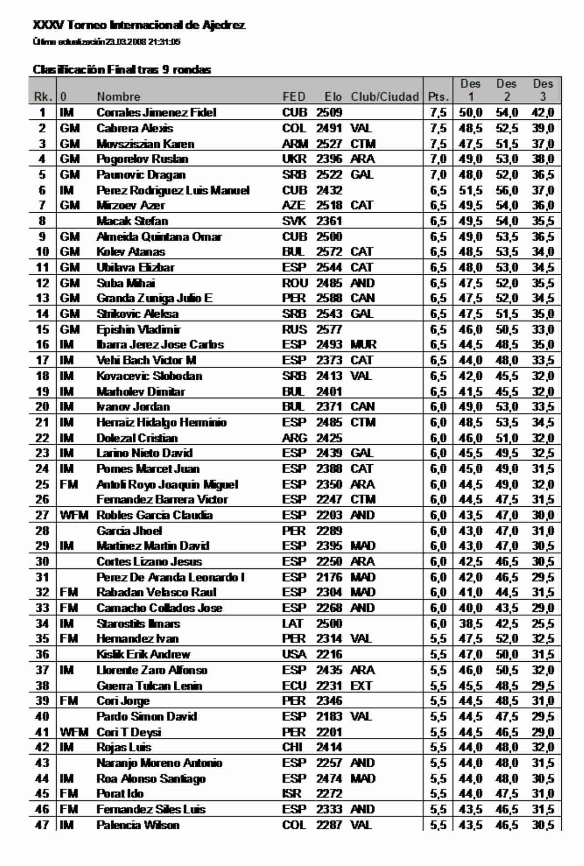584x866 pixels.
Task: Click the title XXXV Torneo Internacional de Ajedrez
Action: pyautogui.click(x=139, y=25)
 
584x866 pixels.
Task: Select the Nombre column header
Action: pyautogui.click(x=118, y=97)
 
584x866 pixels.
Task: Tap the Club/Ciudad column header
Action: pyautogui.click(x=385, y=97)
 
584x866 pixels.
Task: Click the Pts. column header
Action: pyautogui.click(x=438, y=97)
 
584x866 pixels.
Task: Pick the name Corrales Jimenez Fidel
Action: pyautogui.click(x=156, y=113)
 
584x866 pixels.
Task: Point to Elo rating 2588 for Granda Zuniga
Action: pyautogui.click(x=329, y=298)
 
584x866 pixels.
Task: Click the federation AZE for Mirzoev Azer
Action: pyautogui.click(x=294, y=206)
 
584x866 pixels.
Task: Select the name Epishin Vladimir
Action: pyautogui.click(x=139, y=330)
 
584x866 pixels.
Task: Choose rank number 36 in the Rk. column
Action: pyautogui.click(x=42, y=655)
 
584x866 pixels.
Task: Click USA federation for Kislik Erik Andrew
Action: pyautogui.click(x=294, y=655)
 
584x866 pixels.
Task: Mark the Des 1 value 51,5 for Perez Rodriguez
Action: pyautogui.click(x=471, y=190)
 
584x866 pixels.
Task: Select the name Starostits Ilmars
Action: pyautogui.click(x=138, y=624)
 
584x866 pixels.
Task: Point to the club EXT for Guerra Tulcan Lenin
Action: pyautogui.click(x=361, y=686)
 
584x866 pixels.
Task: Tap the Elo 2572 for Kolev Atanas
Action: pyautogui.click(x=329, y=252)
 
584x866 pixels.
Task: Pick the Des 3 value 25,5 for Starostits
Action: pyautogui.click(x=543, y=624)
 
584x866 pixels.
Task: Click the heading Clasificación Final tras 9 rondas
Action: pyautogui.click(x=122, y=70)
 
